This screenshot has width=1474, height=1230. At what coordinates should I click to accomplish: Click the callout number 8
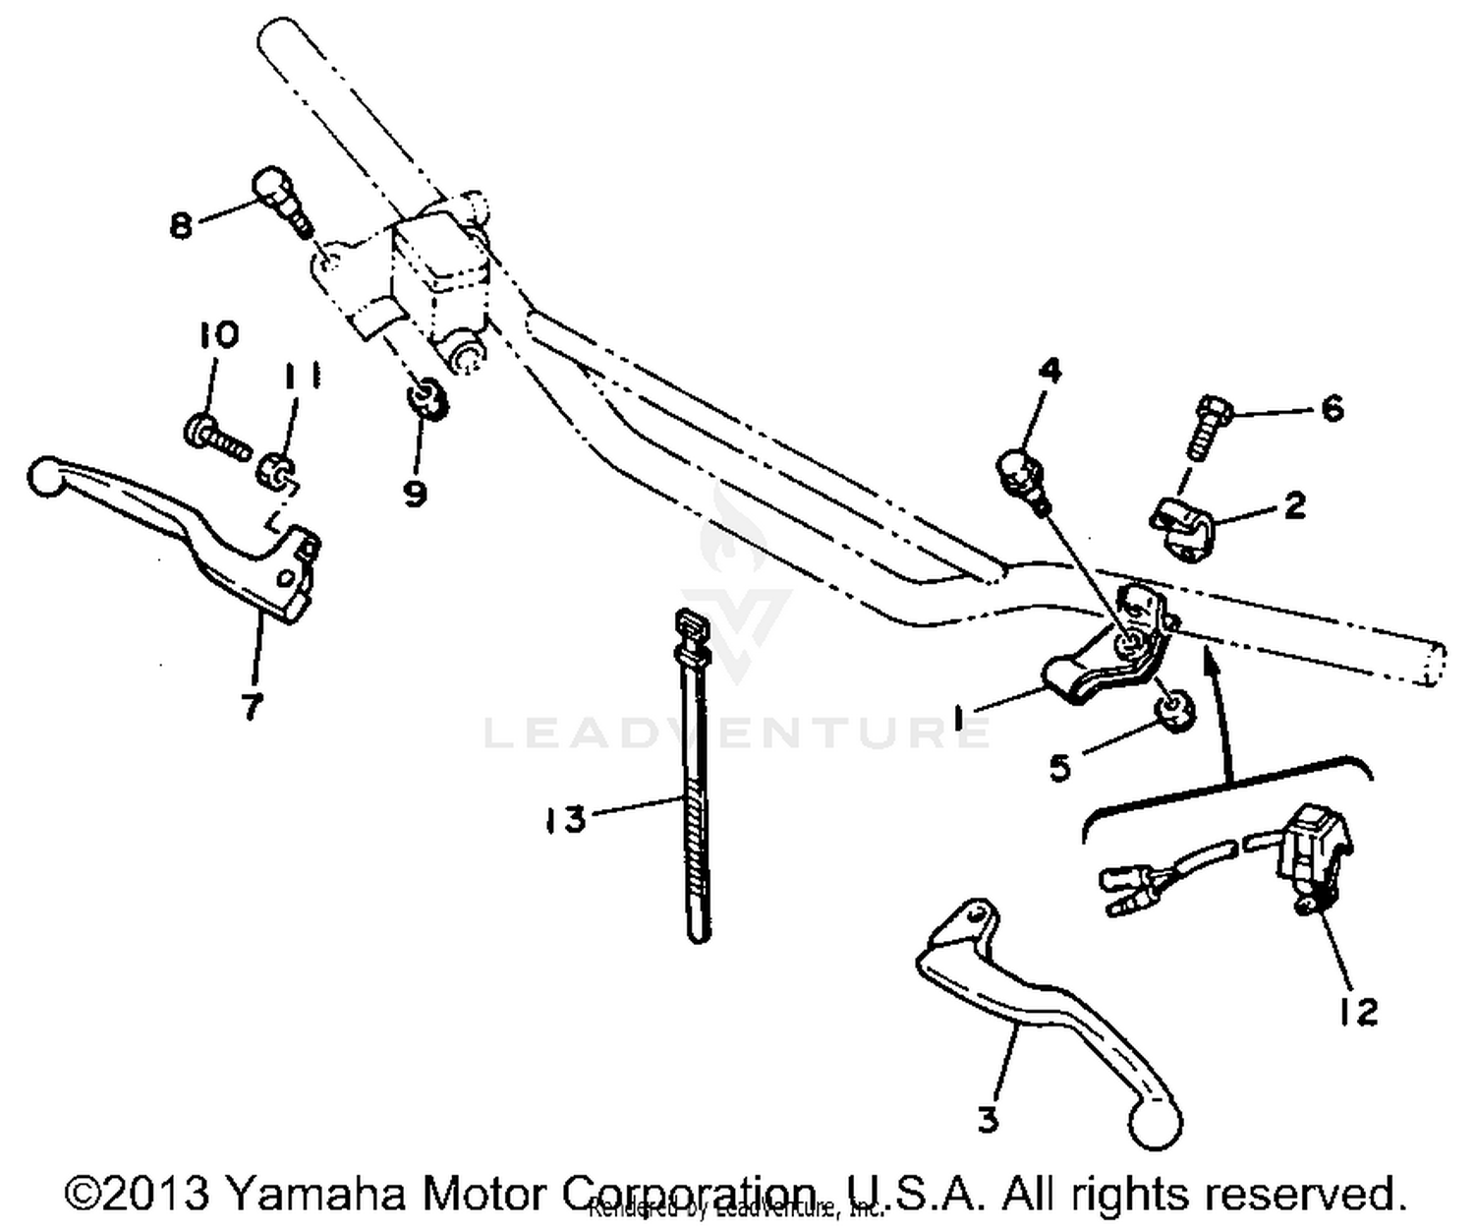[x=180, y=225]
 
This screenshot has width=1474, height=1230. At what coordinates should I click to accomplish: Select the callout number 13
[x=566, y=818]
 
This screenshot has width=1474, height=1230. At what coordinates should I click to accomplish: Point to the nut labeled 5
[x=1174, y=710]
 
